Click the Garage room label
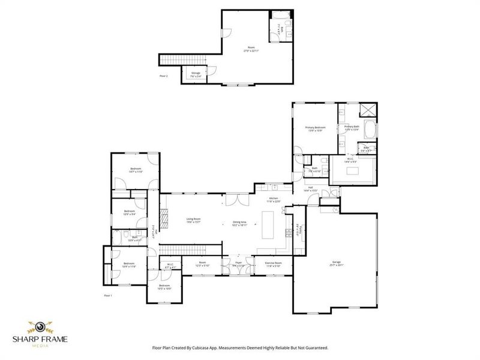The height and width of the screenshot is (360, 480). coord(336,263)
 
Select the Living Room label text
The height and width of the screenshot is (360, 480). coord(193,220)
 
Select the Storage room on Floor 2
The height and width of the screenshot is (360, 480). coord(196,74)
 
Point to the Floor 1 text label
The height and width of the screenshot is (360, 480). coord(108,296)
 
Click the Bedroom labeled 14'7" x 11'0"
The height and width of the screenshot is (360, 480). coord(136,170)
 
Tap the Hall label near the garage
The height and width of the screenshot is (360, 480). coord(311,188)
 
